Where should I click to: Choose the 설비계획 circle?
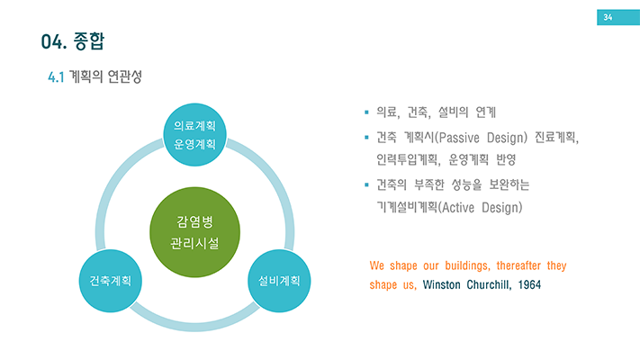tap(279, 280)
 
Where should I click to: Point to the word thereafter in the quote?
tap(523, 266)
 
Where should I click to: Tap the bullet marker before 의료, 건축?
tap(366, 113)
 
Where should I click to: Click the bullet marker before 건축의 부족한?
tap(366, 185)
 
